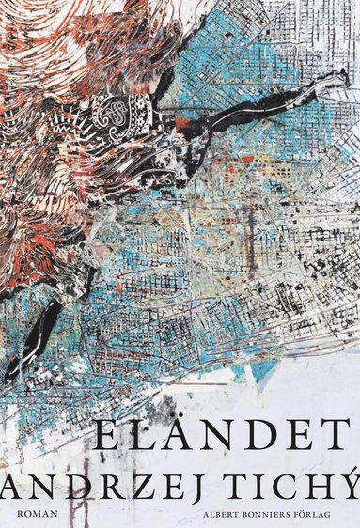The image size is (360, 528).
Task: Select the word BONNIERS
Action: (x=259, y=514)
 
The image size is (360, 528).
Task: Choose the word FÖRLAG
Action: (x=323, y=514)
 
